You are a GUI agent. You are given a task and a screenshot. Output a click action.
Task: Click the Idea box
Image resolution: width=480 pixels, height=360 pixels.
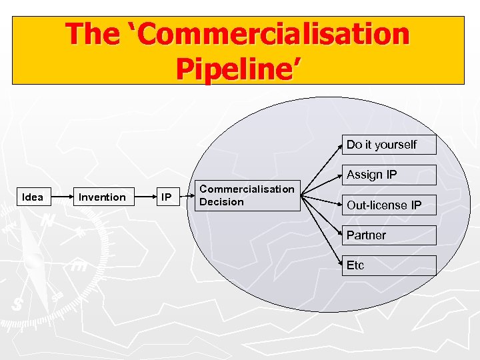click(33, 197)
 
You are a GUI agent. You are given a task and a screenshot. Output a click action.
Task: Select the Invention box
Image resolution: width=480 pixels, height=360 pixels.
click(102, 197)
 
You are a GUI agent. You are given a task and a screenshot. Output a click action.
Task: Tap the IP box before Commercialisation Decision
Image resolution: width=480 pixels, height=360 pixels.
click(166, 197)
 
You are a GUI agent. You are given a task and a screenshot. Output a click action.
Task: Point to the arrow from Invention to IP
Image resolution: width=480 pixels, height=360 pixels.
click(143, 197)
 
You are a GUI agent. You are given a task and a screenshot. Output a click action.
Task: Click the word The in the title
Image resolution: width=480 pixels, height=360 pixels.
click(93, 34)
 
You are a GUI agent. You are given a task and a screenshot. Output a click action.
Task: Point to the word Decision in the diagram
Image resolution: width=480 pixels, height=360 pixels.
click(222, 202)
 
